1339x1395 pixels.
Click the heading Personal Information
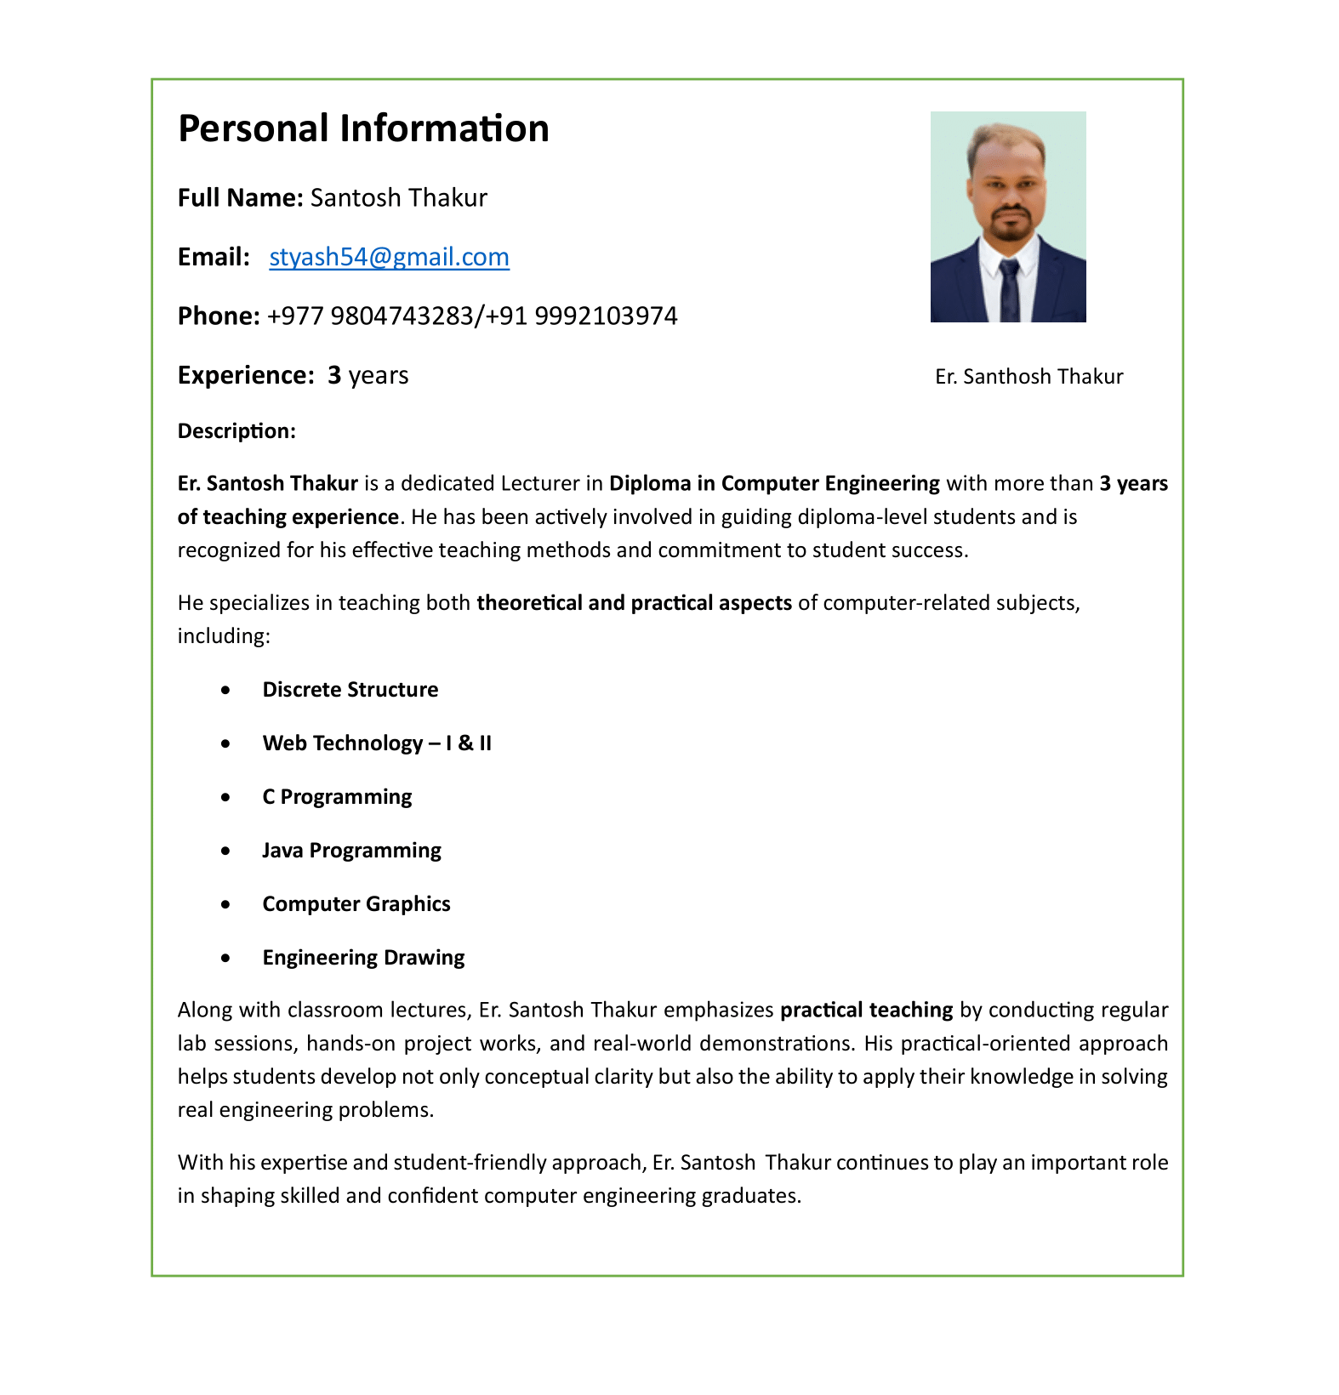363,129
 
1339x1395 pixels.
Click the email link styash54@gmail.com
389,257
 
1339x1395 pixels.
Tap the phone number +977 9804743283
370,316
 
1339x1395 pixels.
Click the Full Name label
240,198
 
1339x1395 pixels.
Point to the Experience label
246,375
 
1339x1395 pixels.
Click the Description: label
236,431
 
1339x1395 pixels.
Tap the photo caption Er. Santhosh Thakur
1028,377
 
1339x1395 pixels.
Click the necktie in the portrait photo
1009,289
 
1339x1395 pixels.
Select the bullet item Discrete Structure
350,690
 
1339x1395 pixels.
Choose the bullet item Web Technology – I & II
377,743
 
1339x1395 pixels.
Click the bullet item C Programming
337,797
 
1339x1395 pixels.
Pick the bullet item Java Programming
351,851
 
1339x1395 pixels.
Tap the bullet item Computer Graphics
356,904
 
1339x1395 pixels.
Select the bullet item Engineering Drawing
363,958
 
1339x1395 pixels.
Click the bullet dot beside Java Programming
225,851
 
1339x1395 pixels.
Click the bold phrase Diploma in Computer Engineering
774,484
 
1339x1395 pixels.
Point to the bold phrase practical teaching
866,1011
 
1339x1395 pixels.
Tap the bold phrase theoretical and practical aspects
634,603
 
